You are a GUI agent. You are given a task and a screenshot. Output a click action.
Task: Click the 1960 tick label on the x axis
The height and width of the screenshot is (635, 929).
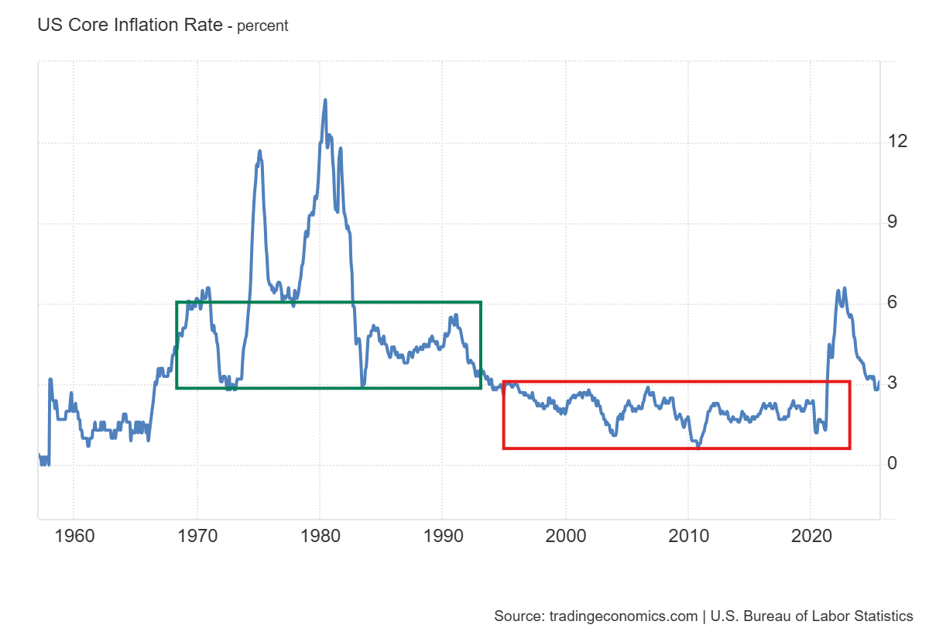click(x=74, y=535)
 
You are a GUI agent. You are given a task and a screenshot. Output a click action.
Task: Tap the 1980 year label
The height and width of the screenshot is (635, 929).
click(x=320, y=535)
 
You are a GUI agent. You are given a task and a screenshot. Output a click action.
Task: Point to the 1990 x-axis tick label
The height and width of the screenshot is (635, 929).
click(x=442, y=535)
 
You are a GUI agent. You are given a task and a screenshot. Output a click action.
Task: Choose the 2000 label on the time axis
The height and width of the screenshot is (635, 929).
click(x=565, y=535)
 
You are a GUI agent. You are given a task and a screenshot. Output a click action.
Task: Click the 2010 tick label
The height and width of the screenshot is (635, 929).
click(x=688, y=535)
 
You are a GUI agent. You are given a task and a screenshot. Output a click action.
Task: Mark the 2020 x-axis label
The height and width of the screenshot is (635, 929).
click(x=811, y=535)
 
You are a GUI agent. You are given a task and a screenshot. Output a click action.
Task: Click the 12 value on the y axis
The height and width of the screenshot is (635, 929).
click(x=898, y=142)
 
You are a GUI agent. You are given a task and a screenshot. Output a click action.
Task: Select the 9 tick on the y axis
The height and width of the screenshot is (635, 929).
click(x=893, y=223)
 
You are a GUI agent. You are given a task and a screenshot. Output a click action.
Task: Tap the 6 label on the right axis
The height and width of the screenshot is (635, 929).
click(x=893, y=303)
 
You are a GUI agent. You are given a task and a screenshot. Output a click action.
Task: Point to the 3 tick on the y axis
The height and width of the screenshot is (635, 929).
click(x=893, y=383)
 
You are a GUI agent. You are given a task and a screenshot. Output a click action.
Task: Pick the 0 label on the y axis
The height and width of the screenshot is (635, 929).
click(x=893, y=464)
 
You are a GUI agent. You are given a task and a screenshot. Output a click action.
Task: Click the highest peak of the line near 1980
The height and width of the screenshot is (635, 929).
click(x=325, y=99)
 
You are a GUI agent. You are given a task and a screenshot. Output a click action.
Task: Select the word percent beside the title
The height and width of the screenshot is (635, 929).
click(x=262, y=26)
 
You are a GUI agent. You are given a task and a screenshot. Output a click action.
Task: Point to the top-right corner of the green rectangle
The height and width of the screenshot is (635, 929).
click(x=481, y=302)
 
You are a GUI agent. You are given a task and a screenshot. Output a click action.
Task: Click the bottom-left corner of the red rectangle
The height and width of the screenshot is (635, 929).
click(x=504, y=448)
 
